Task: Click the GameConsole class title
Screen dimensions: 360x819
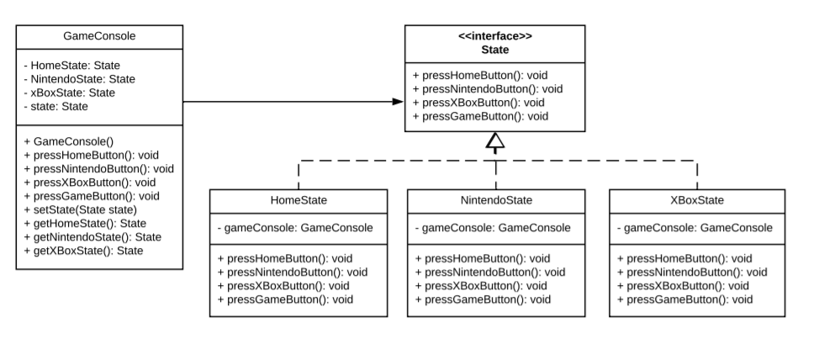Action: (99, 36)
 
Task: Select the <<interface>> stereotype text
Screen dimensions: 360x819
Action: (494, 36)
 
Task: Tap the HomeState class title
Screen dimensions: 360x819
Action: (299, 200)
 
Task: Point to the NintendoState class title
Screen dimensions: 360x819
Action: (496, 200)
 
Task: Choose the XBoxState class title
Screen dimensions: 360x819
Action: (697, 200)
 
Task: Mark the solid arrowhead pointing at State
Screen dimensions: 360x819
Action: (398, 102)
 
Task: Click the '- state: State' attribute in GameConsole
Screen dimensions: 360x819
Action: (55, 106)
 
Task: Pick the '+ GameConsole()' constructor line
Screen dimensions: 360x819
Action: (64, 141)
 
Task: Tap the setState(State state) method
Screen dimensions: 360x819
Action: (80, 209)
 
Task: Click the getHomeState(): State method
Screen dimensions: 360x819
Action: (85, 223)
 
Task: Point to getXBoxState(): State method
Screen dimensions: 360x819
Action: (83, 250)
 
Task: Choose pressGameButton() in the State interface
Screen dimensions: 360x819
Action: (480, 115)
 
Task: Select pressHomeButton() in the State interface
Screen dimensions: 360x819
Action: (480, 75)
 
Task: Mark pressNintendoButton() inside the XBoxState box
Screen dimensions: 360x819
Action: (692, 272)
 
